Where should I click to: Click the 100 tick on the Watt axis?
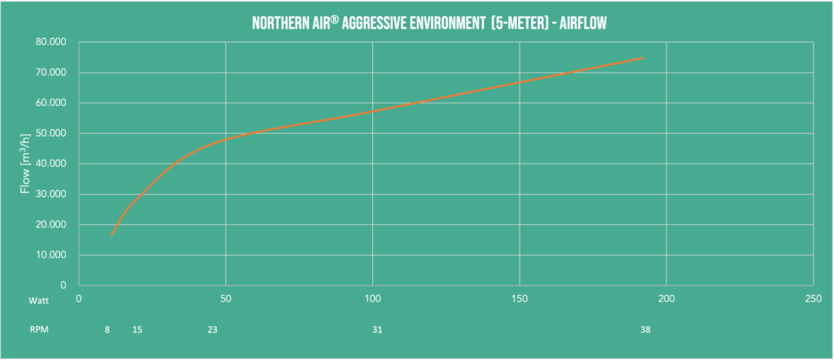pyautogui.click(x=372, y=299)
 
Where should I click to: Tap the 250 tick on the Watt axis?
pyautogui.click(x=813, y=299)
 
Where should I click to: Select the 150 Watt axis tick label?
pyautogui.click(x=520, y=299)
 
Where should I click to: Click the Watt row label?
pyautogui.click(x=39, y=300)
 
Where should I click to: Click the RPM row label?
pyautogui.click(x=38, y=330)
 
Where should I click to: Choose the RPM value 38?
pyautogui.click(x=645, y=330)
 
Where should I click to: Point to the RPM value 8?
pyautogui.click(x=108, y=330)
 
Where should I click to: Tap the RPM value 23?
pyautogui.click(x=212, y=330)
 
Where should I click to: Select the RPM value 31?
pyautogui.click(x=376, y=330)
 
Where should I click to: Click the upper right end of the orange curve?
pyautogui.click(x=643, y=58)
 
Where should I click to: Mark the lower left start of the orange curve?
pyautogui.click(x=112, y=235)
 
